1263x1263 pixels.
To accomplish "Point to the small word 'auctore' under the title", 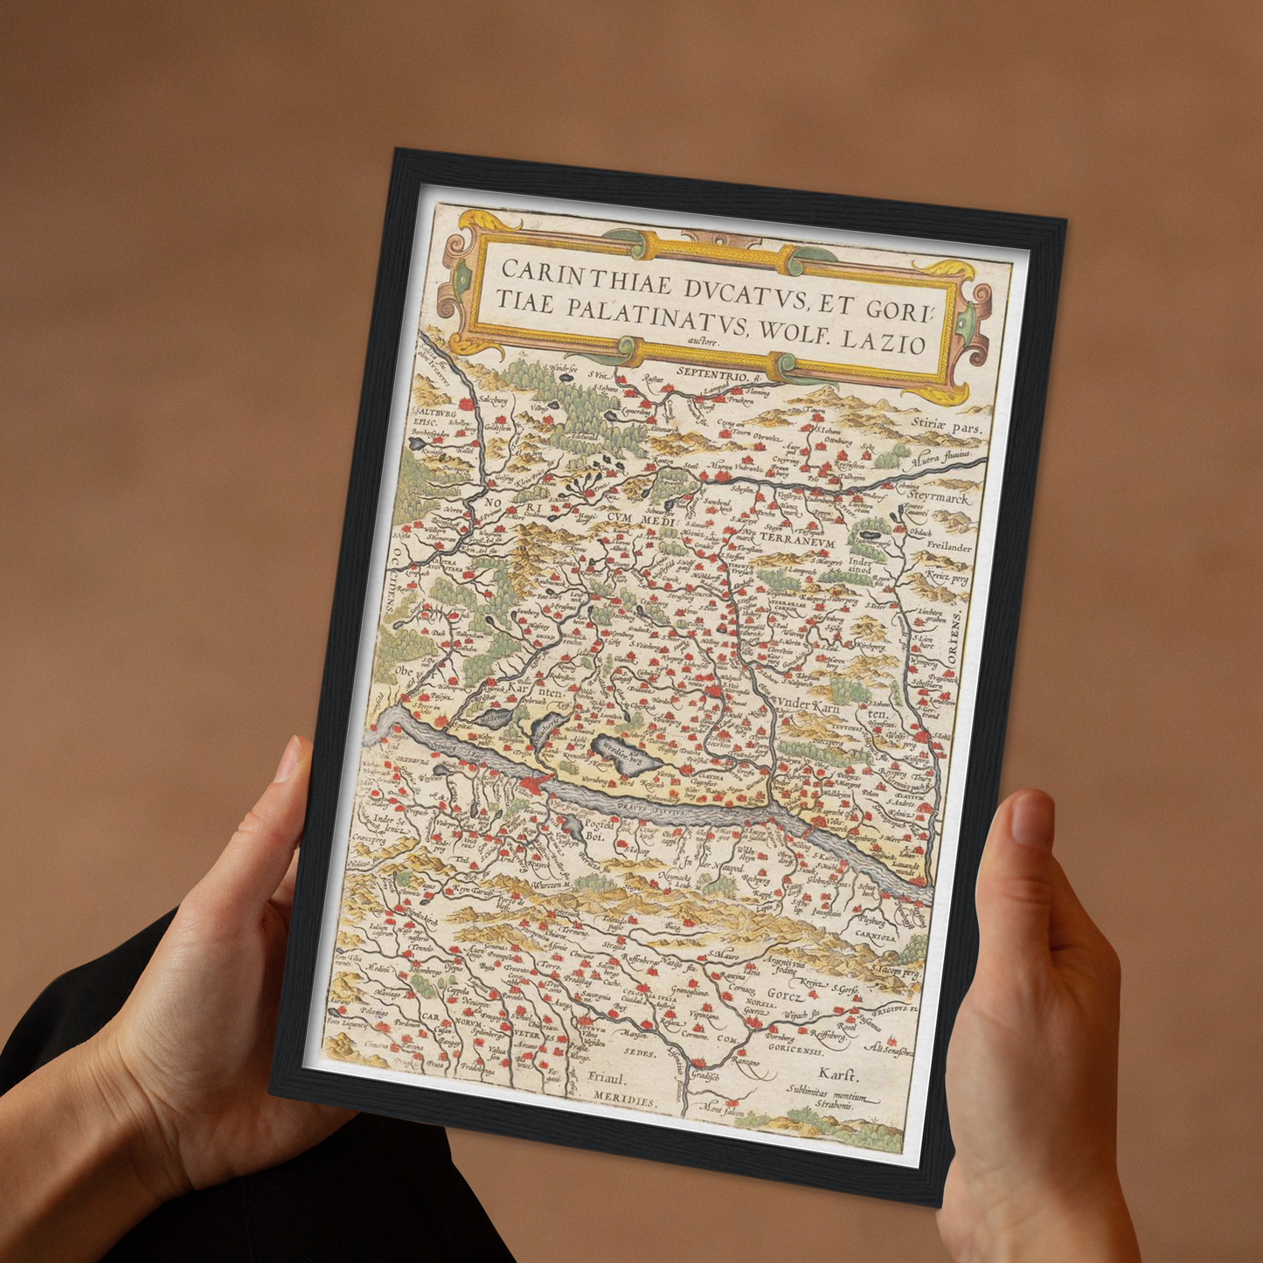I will click(706, 342).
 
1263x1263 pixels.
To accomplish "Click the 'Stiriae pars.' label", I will click(947, 427).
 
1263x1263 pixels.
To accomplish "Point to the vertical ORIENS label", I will click(956, 642).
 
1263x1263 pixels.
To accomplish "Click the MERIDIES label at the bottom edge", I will click(622, 1100).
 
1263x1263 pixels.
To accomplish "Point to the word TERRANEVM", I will click(799, 538).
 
